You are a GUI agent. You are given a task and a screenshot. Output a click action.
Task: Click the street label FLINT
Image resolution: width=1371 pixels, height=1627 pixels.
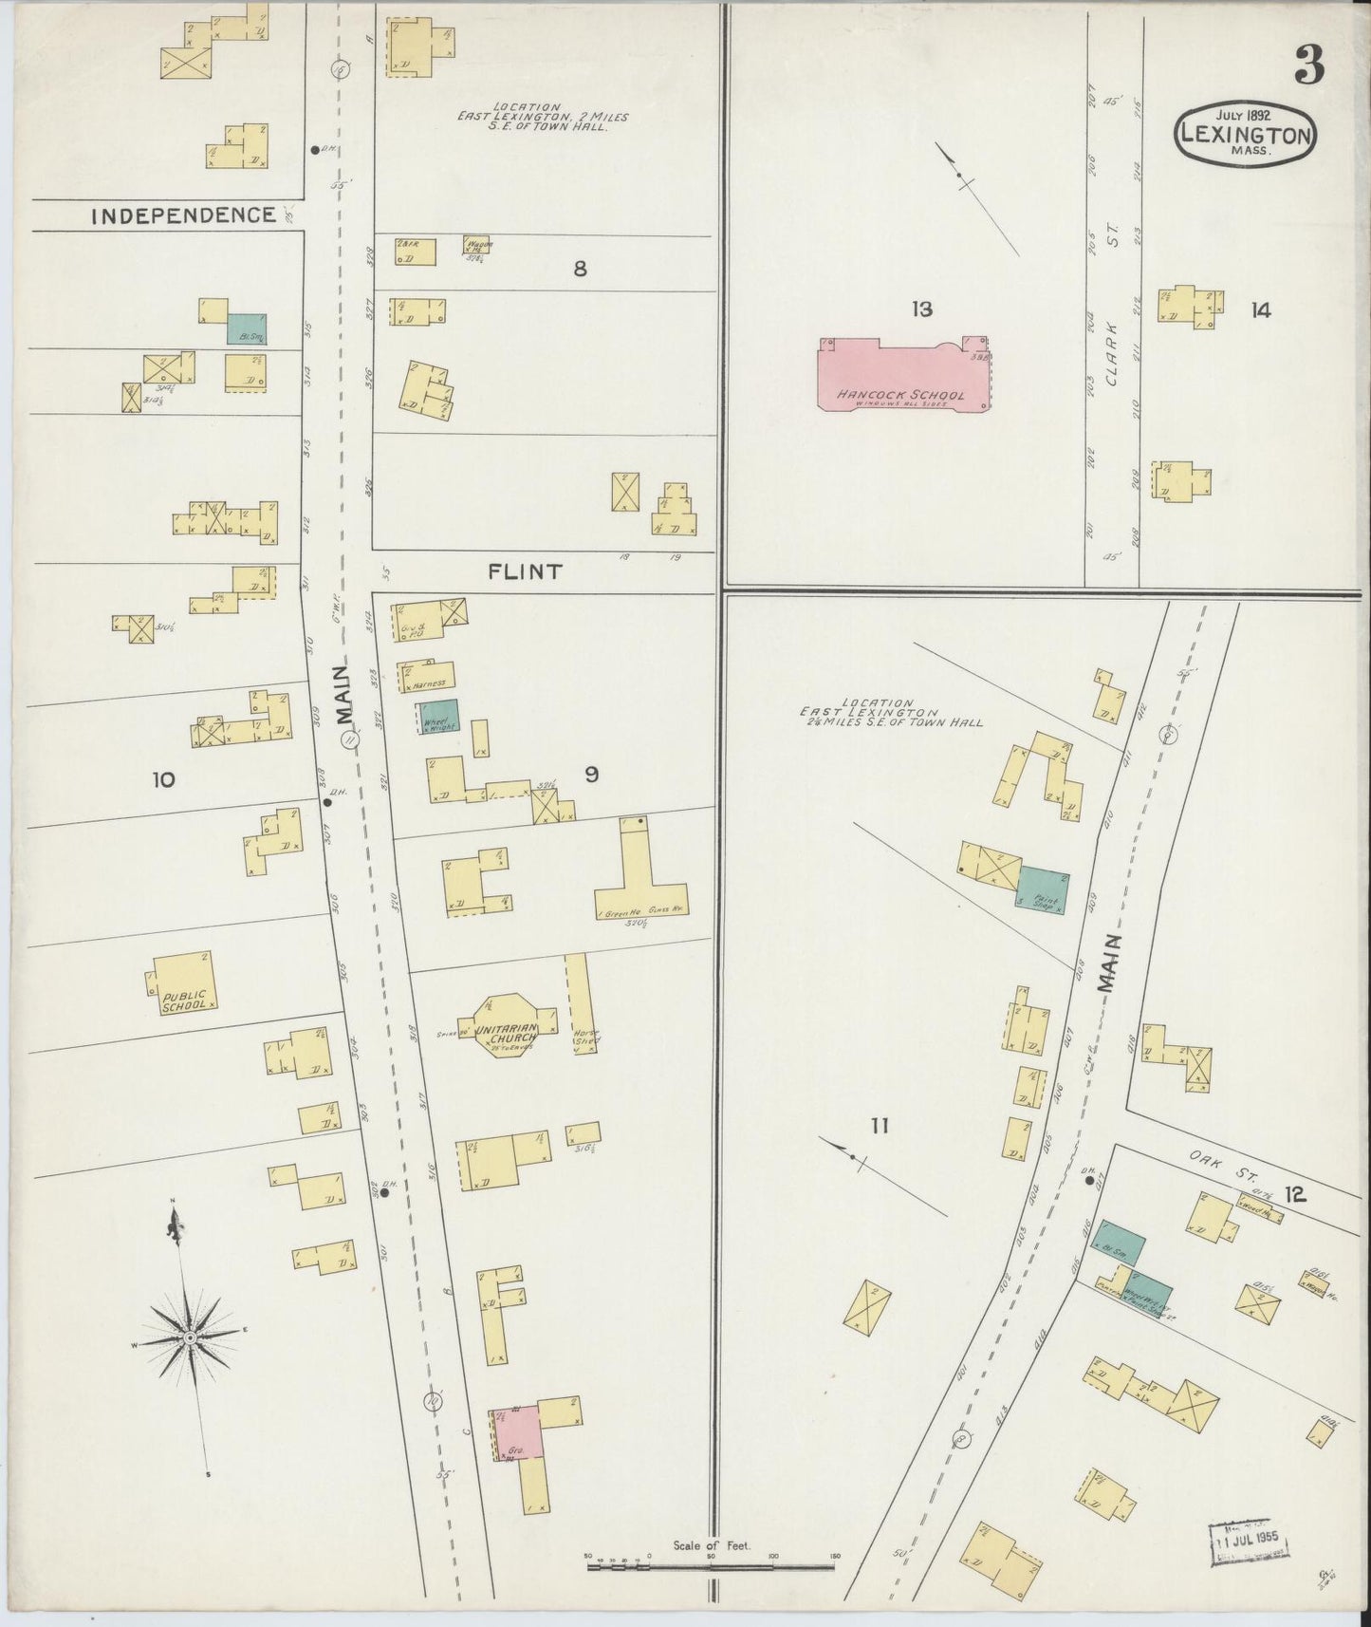[x=525, y=571]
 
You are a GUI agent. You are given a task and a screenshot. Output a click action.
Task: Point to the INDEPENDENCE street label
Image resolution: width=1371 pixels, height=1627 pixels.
[x=183, y=215]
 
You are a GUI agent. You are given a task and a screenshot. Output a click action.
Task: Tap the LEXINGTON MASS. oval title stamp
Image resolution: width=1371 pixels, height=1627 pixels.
[x=1246, y=133]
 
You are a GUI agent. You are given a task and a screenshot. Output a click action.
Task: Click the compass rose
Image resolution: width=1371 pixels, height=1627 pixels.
[x=189, y=1337]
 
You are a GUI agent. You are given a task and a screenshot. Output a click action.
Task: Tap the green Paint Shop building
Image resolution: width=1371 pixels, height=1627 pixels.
[x=1043, y=889]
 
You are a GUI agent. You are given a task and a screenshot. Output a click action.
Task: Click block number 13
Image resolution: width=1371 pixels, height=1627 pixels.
[x=921, y=309]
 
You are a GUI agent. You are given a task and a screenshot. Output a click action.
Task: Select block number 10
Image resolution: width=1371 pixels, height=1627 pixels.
[x=163, y=780]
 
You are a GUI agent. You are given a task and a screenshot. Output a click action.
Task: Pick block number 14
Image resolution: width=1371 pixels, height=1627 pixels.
[x=1260, y=310]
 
